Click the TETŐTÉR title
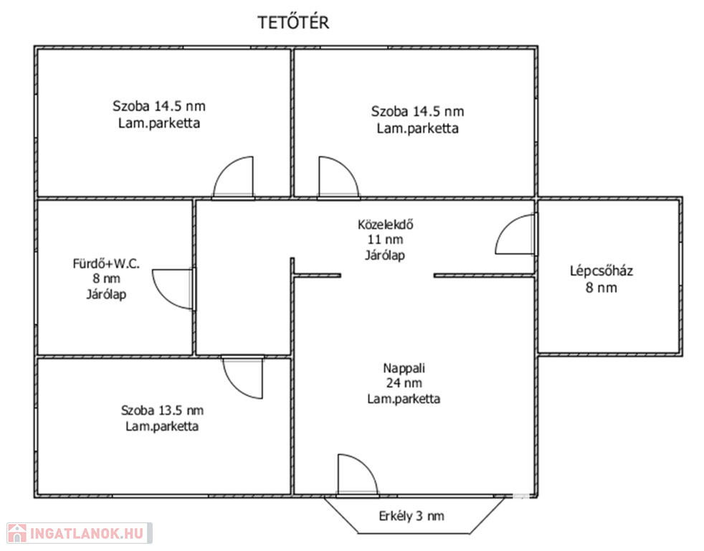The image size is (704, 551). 293,22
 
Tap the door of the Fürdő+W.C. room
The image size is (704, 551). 173,289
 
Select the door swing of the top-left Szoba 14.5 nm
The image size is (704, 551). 233,177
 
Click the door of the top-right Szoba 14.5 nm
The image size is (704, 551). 339,177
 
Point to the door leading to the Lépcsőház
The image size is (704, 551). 516,234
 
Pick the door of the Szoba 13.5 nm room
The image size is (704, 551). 242,378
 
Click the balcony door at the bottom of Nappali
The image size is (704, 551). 358,476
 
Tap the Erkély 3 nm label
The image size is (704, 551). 412,516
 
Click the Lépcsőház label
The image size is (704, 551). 601,271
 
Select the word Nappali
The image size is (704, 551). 404,368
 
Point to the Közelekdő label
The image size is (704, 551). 385,224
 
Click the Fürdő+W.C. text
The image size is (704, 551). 106,263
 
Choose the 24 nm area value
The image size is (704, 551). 404,383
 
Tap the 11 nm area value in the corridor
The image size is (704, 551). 385,240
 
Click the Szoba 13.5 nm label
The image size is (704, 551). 162,410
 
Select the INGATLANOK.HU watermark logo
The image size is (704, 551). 80,534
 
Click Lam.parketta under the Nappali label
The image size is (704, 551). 404,399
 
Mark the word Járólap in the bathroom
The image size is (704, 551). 106,294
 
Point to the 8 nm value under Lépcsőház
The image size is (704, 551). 601,288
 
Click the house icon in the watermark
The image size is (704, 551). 17,534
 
